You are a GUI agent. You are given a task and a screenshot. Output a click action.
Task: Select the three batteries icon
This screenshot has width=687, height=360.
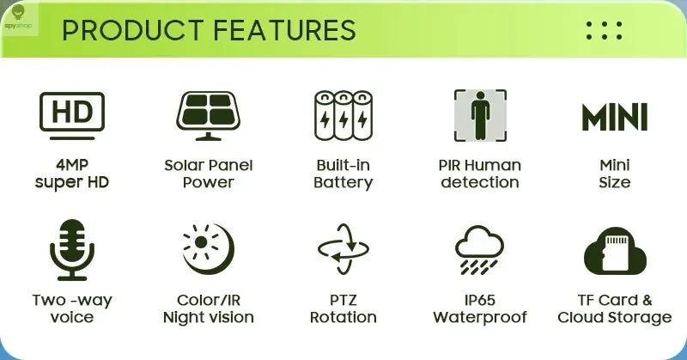(x=343, y=115)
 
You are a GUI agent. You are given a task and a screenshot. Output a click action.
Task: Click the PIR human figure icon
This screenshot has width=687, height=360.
(x=479, y=115)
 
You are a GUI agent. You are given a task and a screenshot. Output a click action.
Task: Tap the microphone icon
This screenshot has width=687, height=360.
(x=72, y=250)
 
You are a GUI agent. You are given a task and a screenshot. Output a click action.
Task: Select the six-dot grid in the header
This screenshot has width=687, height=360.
(x=604, y=30)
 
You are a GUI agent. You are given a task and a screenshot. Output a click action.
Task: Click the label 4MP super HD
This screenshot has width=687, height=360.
(x=72, y=174)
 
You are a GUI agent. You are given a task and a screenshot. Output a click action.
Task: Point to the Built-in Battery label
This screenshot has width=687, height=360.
(x=343, y=174)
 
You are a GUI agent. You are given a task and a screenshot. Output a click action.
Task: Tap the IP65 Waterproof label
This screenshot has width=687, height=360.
(x=479, y=308)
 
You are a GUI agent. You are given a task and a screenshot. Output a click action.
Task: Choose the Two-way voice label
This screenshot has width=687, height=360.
(x=72, y=308)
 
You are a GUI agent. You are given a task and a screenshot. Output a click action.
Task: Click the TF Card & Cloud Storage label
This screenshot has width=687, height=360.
(x=614, y=308)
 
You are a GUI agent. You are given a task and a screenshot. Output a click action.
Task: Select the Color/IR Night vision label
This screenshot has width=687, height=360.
(x=208, y=308)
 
